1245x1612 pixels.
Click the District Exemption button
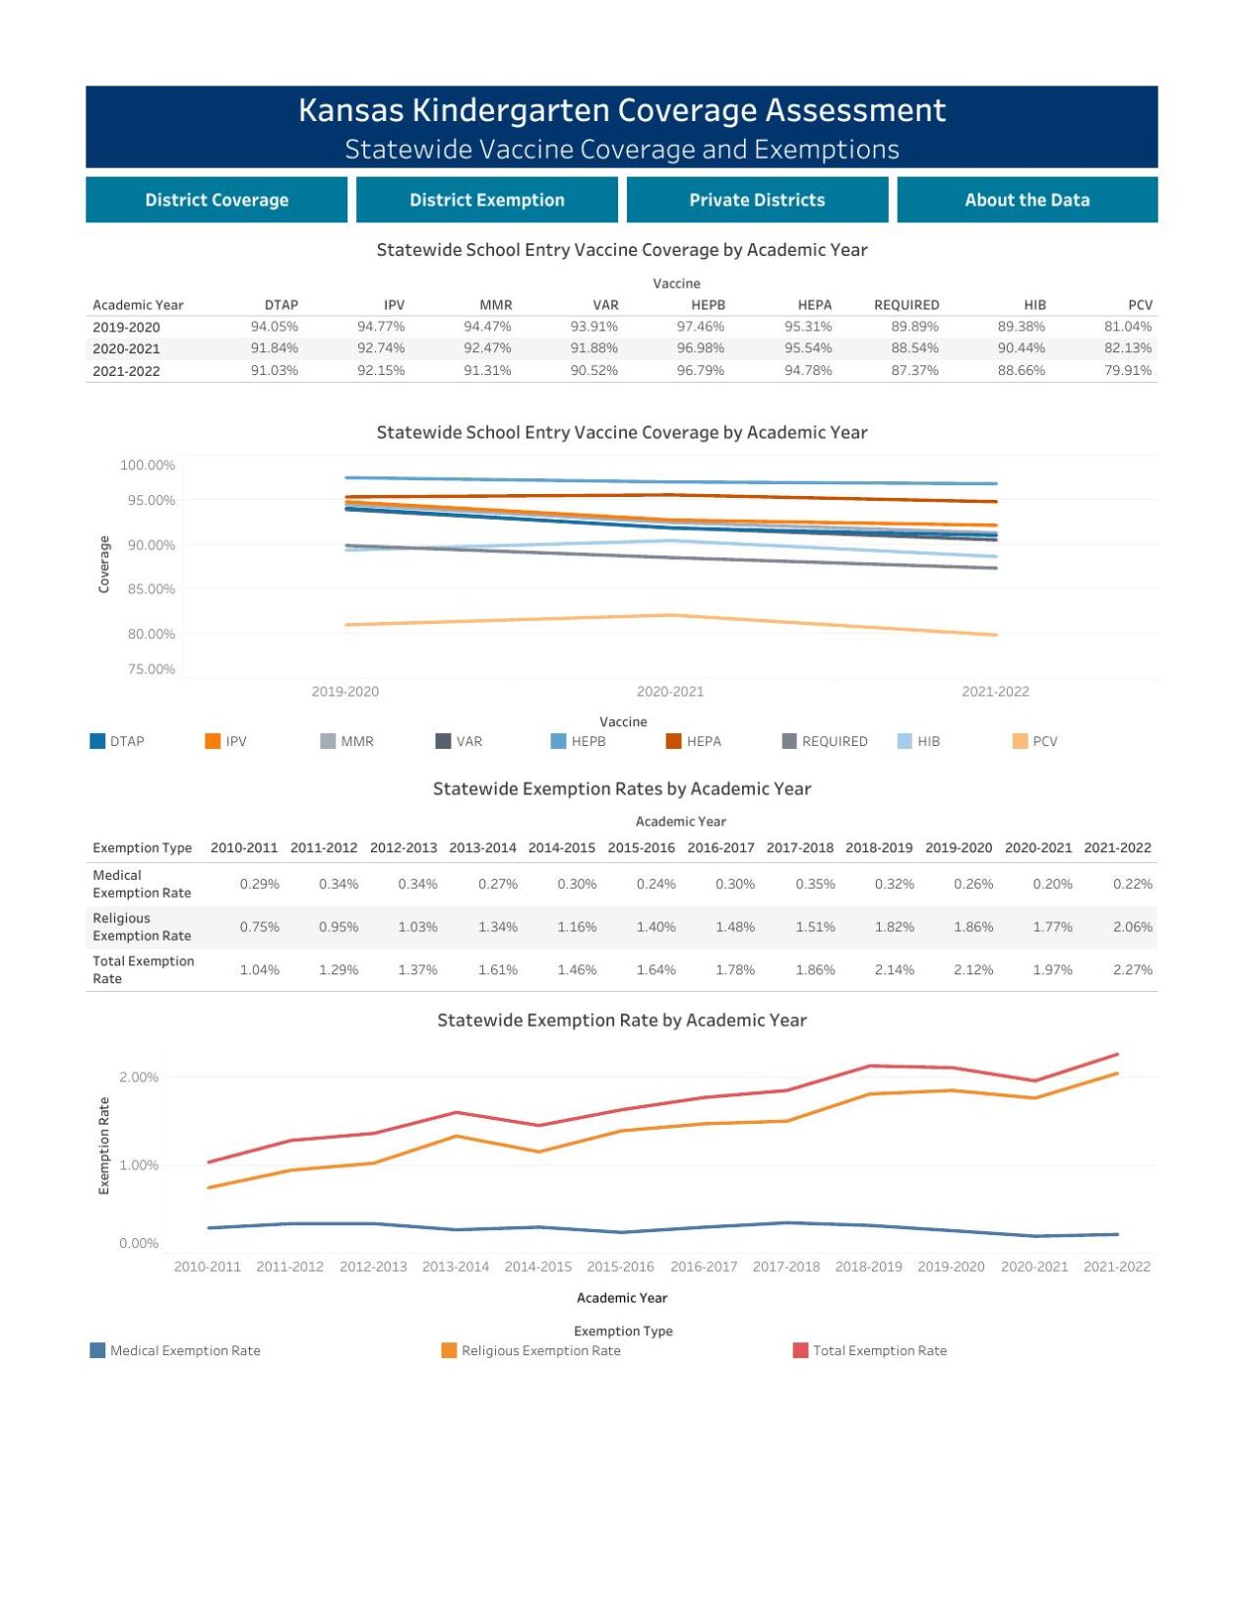486,200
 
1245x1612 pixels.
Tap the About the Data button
1027,200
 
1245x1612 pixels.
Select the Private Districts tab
756,200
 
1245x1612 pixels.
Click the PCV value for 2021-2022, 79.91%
1127,371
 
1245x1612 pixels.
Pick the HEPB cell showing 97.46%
700,327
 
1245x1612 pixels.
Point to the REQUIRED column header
905,305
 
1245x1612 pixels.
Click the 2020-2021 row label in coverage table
126,348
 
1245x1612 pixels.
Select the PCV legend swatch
1020,741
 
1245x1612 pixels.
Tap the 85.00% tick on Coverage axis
151,589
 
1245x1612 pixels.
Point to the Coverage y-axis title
103,564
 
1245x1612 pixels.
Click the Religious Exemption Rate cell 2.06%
1132,927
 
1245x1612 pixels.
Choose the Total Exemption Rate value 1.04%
260,970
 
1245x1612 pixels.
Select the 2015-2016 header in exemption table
641,847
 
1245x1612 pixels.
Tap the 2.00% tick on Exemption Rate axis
139,1078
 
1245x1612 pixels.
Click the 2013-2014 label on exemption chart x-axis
455,1267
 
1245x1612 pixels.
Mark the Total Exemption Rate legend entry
879,1350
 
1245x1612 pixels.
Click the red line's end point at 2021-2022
1117,1055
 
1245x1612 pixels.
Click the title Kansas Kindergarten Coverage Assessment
622,110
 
